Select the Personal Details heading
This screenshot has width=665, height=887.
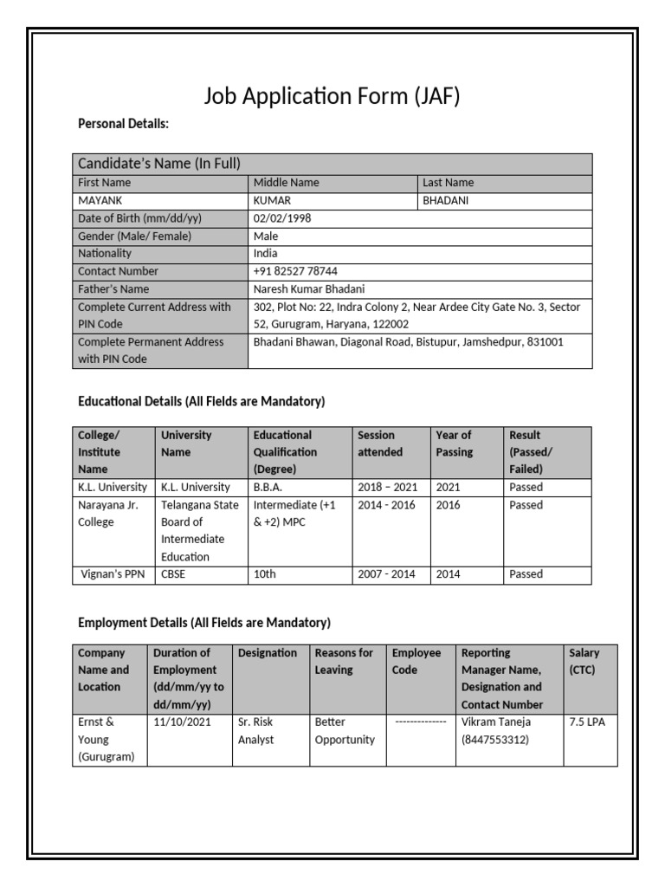click(x=123, y=125)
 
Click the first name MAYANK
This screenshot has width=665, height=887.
click(x=101, y=201)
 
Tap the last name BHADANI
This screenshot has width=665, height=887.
click(x=446, y=201)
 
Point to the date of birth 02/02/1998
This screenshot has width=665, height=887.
click(x=282, y=218)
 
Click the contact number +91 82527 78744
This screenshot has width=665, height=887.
click(x=295, y=271)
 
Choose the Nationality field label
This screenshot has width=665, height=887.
click(x=105, y=254)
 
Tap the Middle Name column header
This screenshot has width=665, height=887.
click(x=287, y=183)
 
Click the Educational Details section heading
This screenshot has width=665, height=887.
click(x=201, y=401)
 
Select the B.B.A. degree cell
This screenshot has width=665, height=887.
click(x=268, y=487)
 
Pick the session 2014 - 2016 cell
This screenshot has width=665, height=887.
click(x=386, y=505)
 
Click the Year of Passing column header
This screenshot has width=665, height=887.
click(x=454, y=443)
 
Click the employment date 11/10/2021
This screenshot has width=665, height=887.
click(x=182, y=722)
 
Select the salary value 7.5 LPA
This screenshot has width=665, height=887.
click(x=587, y=722)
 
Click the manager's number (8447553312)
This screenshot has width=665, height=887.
click(x=495, y=740)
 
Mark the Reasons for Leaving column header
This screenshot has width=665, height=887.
click(x=344, y=661)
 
